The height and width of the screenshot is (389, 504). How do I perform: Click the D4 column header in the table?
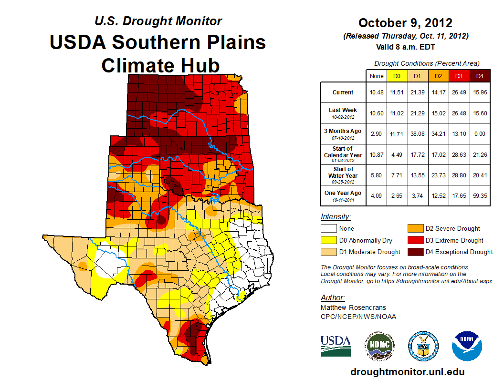click(x=480, y=76)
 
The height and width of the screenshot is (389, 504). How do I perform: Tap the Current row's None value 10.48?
click(x=377, y=92)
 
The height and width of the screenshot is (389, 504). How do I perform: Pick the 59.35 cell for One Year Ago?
click(x=480, y=193)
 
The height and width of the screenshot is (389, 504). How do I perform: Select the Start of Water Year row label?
click(x=343, y=173)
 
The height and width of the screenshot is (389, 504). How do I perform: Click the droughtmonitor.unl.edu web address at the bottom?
click(x=407, y=372)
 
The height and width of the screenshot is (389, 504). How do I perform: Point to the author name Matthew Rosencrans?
click(x=353, y=307)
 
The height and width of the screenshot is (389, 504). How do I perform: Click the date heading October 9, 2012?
click(x=405, y=23)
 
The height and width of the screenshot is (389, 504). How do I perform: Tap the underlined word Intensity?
click(x=336, y=217)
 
